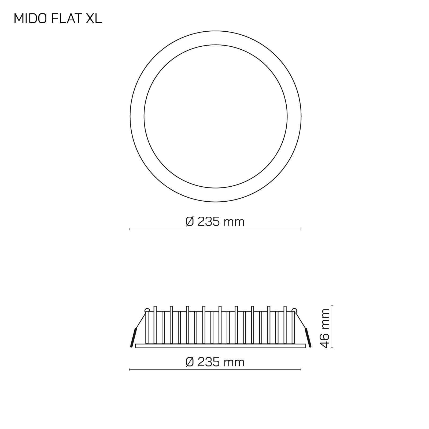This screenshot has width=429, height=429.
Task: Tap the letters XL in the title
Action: point(94,19)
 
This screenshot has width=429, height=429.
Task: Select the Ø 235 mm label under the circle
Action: point(215,222)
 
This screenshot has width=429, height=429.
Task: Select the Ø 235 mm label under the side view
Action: point(215,362)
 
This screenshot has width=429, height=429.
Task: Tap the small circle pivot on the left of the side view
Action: point(147,311)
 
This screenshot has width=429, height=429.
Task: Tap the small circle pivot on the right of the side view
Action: point(294,311)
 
